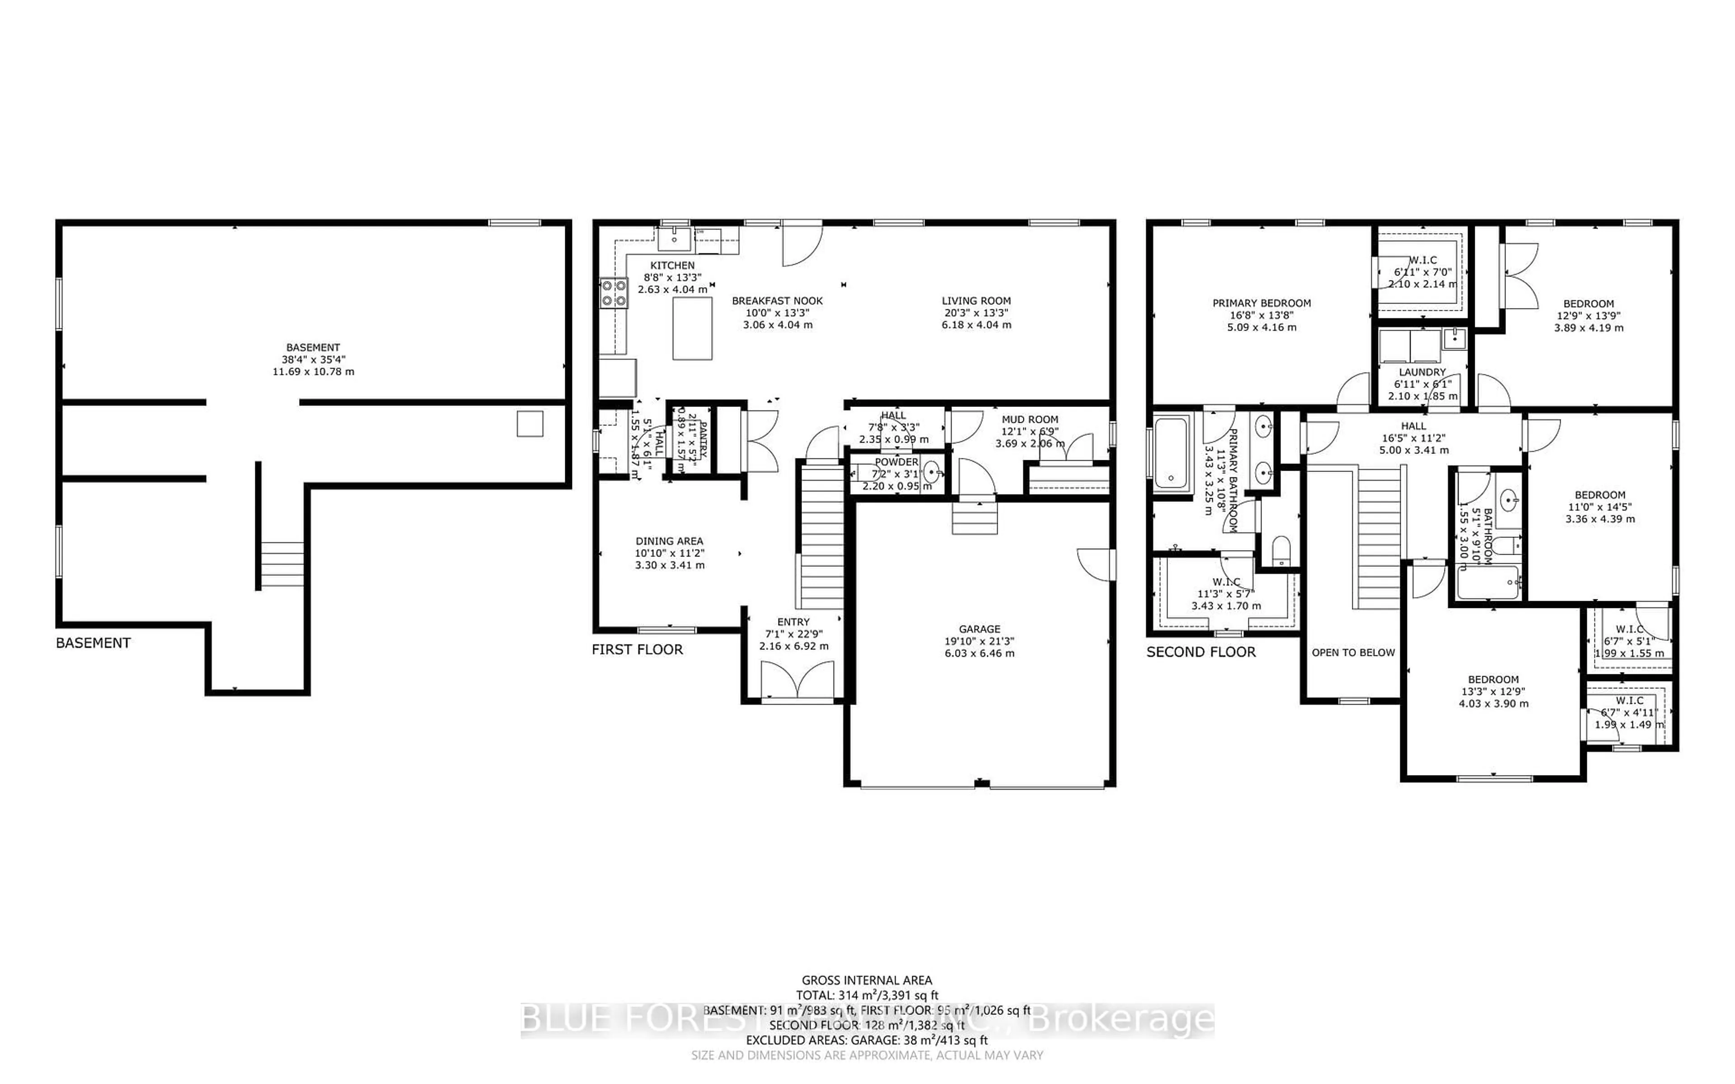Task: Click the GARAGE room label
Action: pyautogui.click(x=980, y=629)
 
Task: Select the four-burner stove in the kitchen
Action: pyautogui.click(x=614, y=293)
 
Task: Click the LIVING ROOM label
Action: pyautogui.click(x=976, y=301)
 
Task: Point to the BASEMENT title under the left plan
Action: pyautogui.click(x=93, y=643)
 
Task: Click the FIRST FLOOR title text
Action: pyautogui.click(x=637, y=649)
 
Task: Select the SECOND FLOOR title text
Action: pyautogui.click(x=1201, y=652)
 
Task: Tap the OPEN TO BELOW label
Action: pyautogui.click(x=1353, y=652)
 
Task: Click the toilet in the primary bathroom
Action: pyautogui.click(x=1280, y=551)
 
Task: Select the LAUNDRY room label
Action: pyautogui.click(x=1422, y=372)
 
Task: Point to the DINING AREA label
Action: pyautogui.click(x=669, y=541)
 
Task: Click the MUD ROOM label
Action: pyautogui.click(x=1030, y=420)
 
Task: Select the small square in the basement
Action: pyautogui.click(x=530, y=424)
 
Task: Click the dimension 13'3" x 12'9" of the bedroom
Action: pyautogui.click(x=1493, y=692)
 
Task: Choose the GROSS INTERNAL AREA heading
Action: pyautogui.click(x=867, y=980)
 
